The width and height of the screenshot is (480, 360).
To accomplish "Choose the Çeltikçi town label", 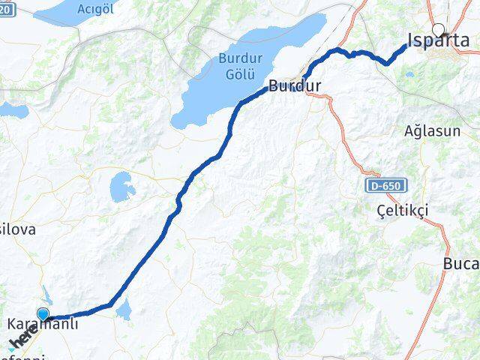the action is [x=402, y=211].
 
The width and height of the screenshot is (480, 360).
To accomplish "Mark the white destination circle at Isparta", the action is [x=438, y=31].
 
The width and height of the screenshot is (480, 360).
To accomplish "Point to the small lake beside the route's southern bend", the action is [x=124, y=307].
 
